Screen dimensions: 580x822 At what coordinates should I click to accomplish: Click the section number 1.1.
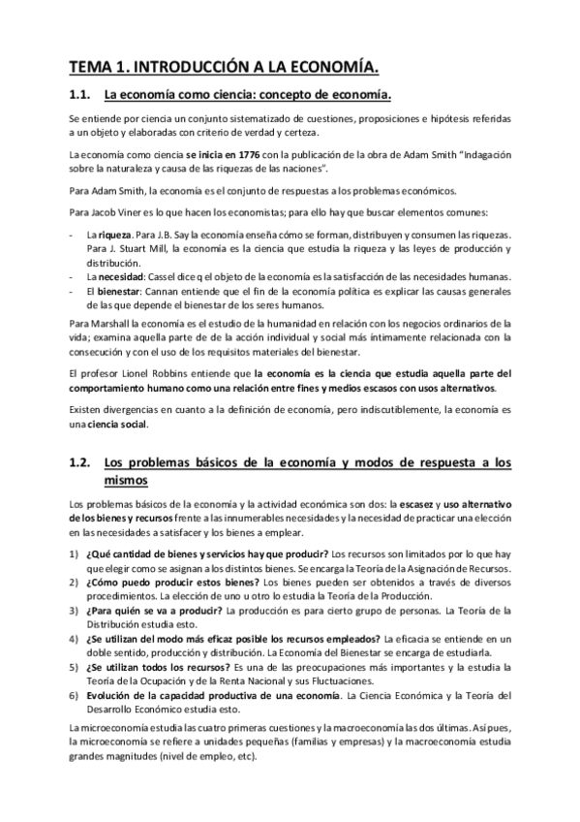point(80,95)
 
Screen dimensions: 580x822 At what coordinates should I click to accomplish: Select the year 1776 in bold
point(246,155)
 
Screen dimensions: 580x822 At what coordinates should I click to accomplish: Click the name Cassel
point(163,276)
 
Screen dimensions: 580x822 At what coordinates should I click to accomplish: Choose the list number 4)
point(76,641)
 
